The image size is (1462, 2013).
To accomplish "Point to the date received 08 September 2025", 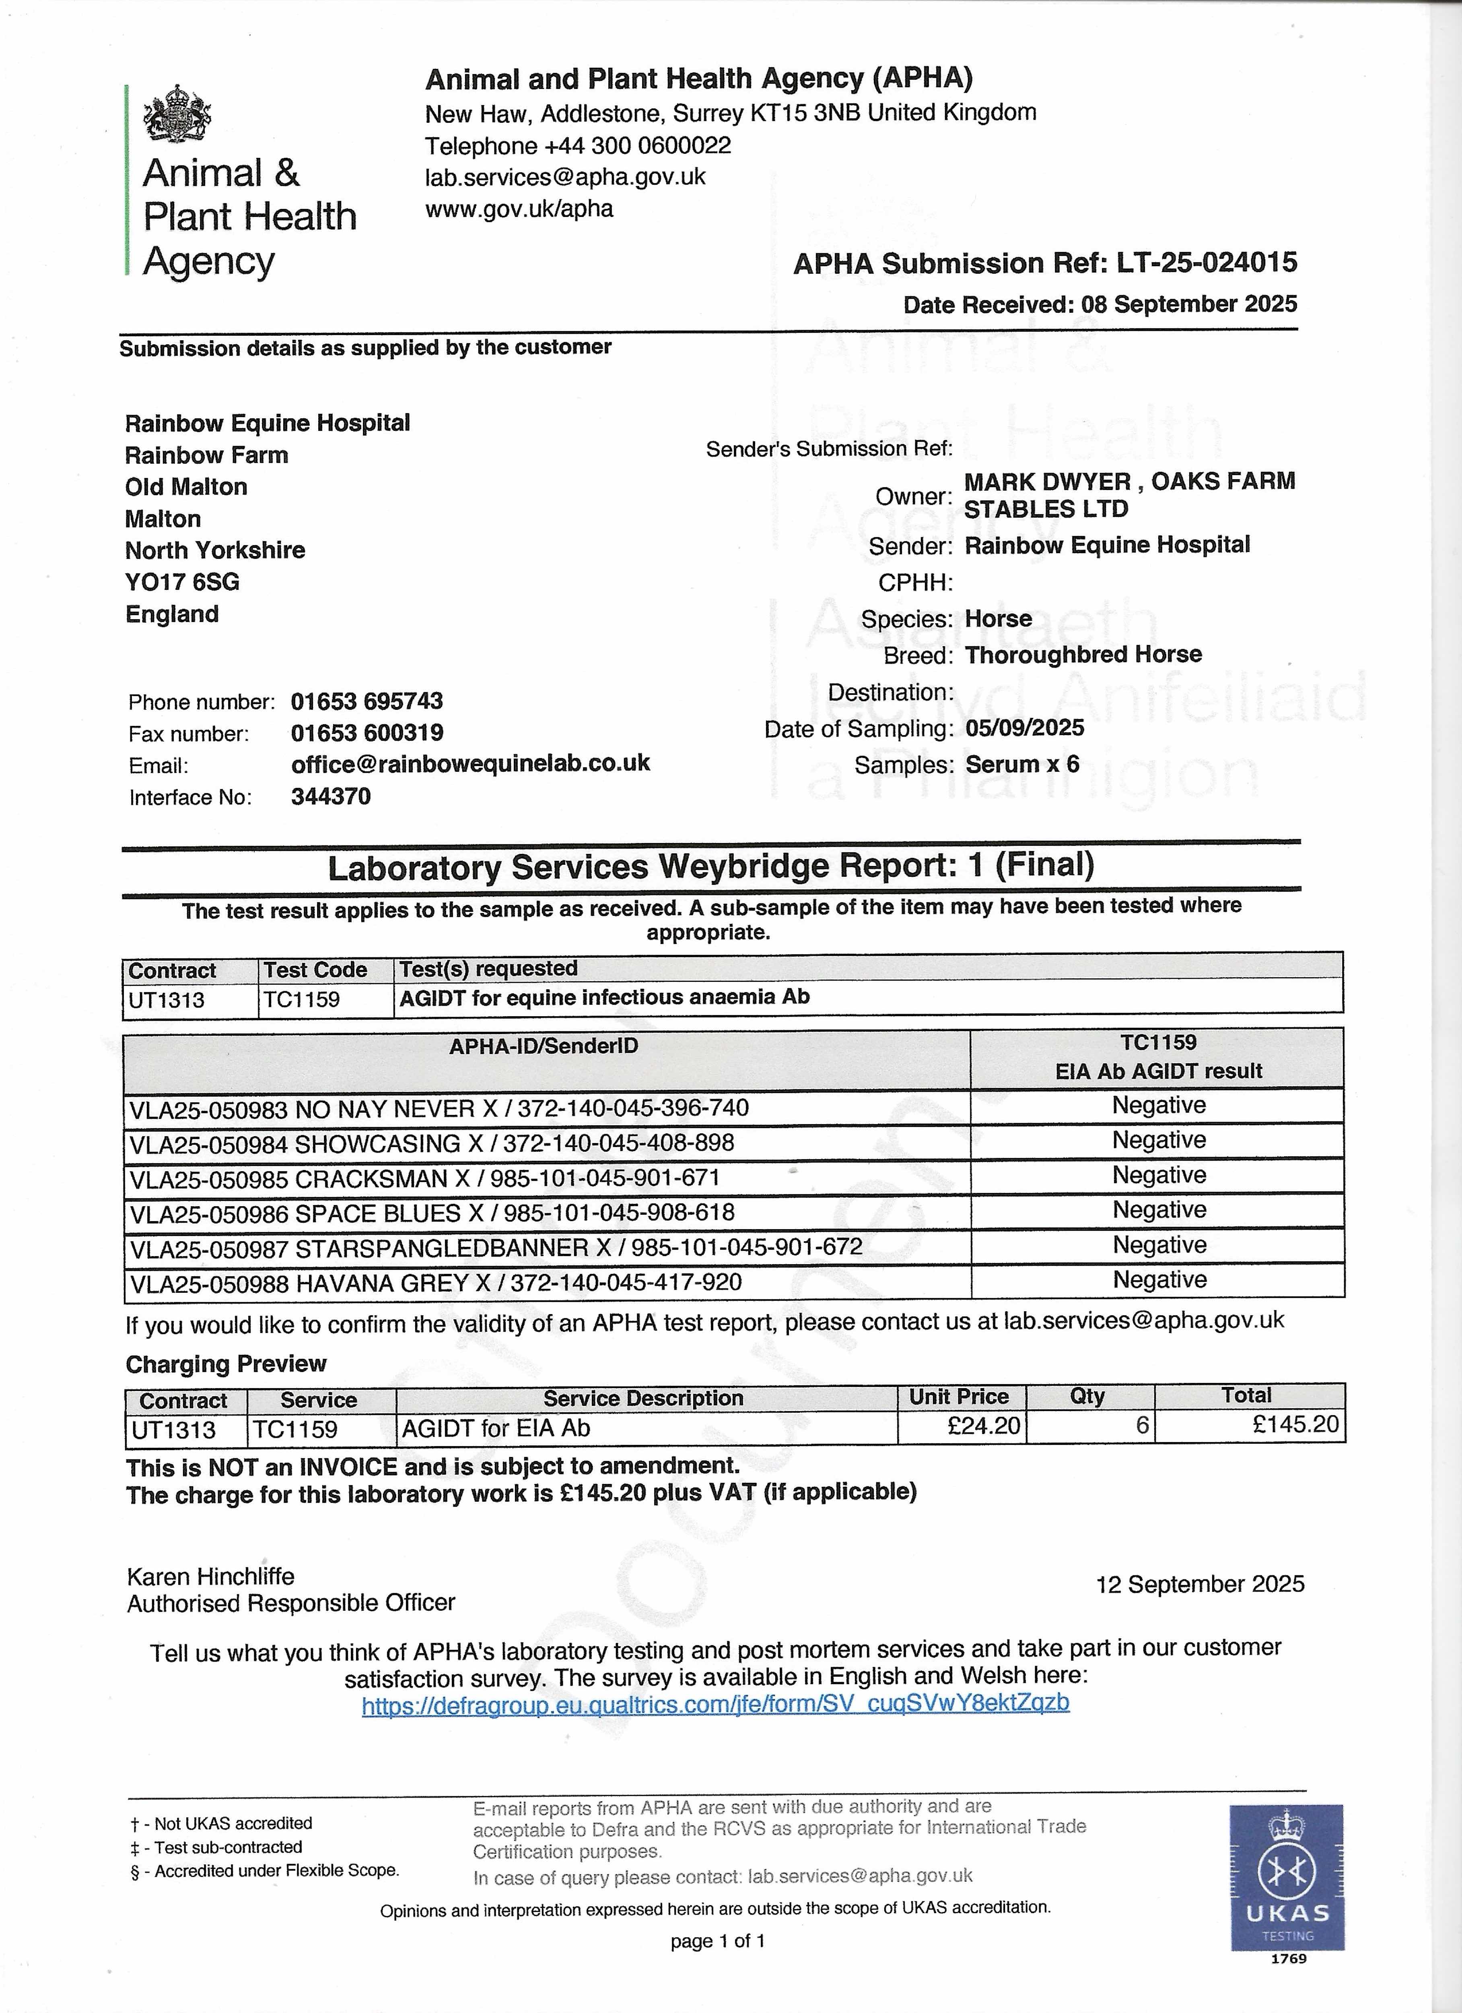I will [x=1189, y=304].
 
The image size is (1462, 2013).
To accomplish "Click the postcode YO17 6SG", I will [x=182, y=582].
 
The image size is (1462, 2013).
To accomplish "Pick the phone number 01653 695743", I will [x=367, y=701].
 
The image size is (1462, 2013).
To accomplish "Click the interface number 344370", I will [x=331, y=796].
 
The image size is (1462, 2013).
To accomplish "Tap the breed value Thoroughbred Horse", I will [x=1083, y=655].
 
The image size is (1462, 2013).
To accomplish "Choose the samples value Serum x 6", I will [x=1022, y=764].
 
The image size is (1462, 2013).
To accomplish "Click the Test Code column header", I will [x=315, y=970].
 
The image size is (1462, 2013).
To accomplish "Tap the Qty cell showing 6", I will [x=1142, y=1426].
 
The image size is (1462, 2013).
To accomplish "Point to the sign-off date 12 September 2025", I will [x=1199, y=1584].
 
